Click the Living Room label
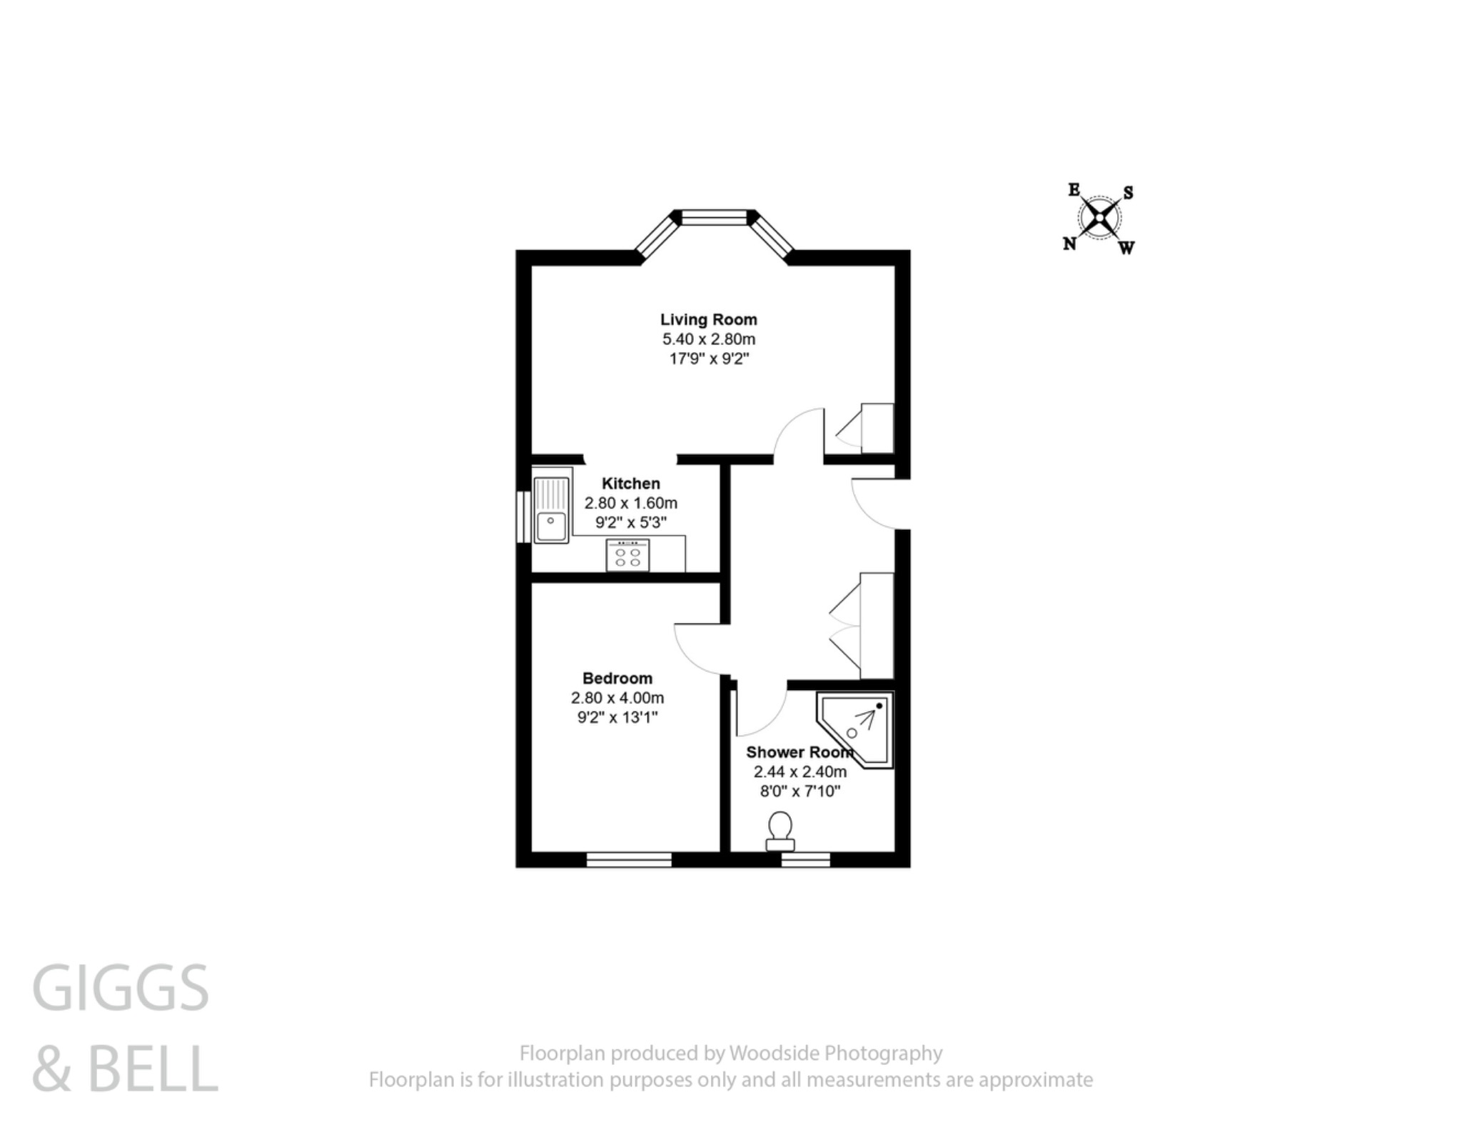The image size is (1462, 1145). pos(708,319)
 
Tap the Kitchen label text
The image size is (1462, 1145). pos(630,484)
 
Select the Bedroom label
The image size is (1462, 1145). pos(617,678)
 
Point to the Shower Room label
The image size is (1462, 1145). pos(799,752)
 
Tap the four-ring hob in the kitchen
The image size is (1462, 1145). pos(627,556)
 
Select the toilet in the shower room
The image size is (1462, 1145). pos(780,831)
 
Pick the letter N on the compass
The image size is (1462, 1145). pos(1069,244)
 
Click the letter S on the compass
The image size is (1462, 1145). pos(1128,193)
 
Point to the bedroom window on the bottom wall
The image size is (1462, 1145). pos(629,859)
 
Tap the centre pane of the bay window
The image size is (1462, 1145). pos(714,217)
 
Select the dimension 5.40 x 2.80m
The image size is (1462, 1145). pos(708,339)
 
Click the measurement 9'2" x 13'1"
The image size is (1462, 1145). pos(617,717)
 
